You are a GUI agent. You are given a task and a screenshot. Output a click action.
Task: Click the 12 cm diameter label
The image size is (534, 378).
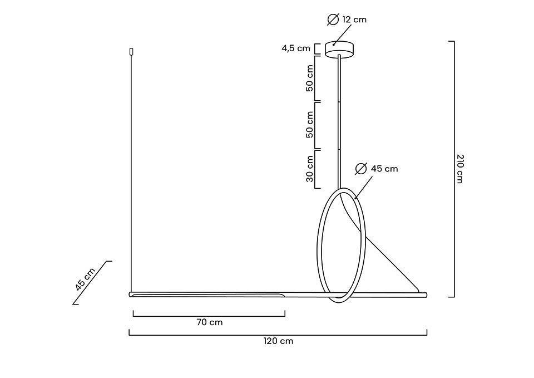354,19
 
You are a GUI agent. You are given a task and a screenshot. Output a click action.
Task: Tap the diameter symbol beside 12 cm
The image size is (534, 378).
333,19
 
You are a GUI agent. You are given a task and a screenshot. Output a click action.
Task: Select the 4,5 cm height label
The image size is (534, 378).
295,48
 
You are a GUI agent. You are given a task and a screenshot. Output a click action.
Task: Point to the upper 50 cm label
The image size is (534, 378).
310,78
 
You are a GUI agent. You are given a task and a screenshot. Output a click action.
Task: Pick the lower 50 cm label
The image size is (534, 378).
310,125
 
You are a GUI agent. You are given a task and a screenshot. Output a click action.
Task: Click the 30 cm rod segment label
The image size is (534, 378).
310,169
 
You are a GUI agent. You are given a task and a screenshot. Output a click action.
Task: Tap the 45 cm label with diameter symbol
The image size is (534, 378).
384,169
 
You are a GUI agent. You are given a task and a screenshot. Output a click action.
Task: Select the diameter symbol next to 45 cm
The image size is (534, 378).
361,168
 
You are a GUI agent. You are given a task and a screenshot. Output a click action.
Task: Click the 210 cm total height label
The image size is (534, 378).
459,169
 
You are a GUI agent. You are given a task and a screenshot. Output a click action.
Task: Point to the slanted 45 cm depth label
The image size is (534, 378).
85,279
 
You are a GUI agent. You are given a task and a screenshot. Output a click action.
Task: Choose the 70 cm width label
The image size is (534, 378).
209,322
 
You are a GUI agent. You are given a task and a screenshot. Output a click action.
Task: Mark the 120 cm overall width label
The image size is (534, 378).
278,341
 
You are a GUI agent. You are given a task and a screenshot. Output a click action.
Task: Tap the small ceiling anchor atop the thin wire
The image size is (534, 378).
131,52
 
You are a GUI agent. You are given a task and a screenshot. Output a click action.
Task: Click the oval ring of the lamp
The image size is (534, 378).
319,245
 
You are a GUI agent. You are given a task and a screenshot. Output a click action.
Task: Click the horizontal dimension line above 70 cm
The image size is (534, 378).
209,316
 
